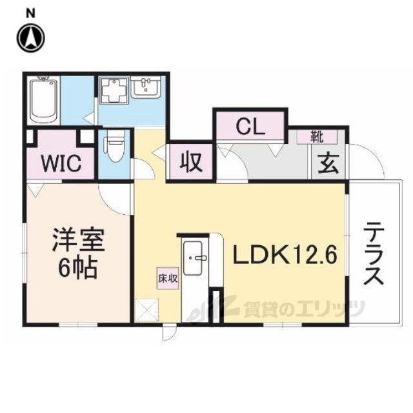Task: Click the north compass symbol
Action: (30, 38)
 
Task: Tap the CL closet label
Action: (249, 125)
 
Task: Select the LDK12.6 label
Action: (284, 256)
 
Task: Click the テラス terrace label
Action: (373, 254)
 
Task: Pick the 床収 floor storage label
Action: (167, 279)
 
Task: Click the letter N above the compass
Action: (30, 12)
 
